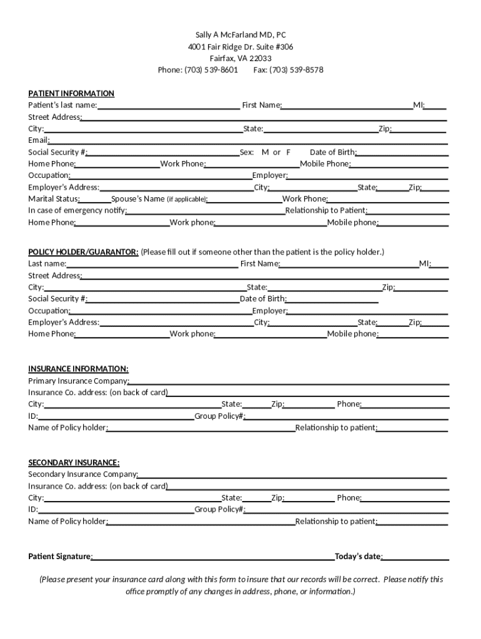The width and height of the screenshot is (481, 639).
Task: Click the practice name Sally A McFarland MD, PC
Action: [x=241, y=35]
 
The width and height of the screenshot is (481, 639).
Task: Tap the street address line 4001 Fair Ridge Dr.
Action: [x=241, y=47]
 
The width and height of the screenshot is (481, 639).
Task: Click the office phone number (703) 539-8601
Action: [x=211, y=70]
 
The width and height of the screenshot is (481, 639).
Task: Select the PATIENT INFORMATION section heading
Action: [x=71, y=94]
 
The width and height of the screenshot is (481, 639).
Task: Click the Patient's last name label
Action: [x=62, y=105]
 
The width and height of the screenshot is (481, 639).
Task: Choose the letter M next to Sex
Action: [x=265, y=152]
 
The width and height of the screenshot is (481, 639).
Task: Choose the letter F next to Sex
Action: [x=289, y=152]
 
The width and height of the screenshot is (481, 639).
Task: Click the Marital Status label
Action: [x=54, y=199]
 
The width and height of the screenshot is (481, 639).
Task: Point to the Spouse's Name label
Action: [x=138, y=199]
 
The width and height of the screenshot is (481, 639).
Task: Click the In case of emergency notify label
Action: [x=77, y=210]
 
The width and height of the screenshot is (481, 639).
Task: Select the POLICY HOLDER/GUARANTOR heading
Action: [x=83, y=252]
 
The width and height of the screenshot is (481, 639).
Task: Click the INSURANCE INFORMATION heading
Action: [x=78, y=369]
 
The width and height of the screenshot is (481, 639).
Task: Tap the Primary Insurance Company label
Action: [x=79, y=381]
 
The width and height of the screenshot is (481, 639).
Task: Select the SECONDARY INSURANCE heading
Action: [x=74, y=462]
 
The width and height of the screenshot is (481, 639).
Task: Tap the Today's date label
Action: [x=359, y=557]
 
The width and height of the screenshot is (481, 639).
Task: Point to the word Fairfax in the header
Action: [x=222, y=59]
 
